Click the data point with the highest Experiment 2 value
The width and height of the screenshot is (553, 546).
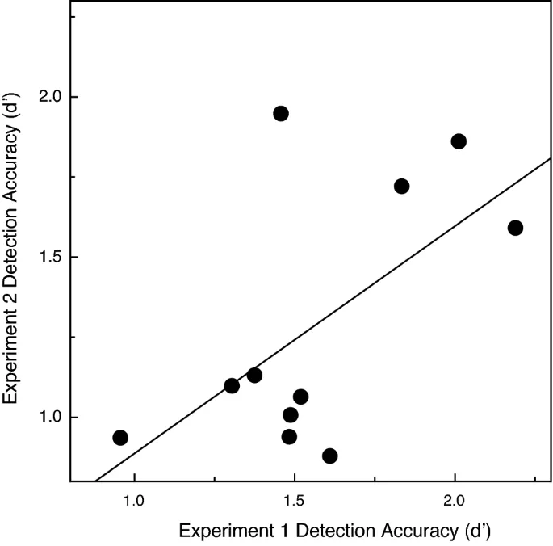coord(281,114)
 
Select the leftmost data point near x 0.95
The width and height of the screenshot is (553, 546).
coord(120,438)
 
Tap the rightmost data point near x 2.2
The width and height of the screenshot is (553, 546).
coord(515,228)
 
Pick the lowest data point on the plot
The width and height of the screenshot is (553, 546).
coord(329,456)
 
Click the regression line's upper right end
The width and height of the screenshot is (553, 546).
coord(549,159)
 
